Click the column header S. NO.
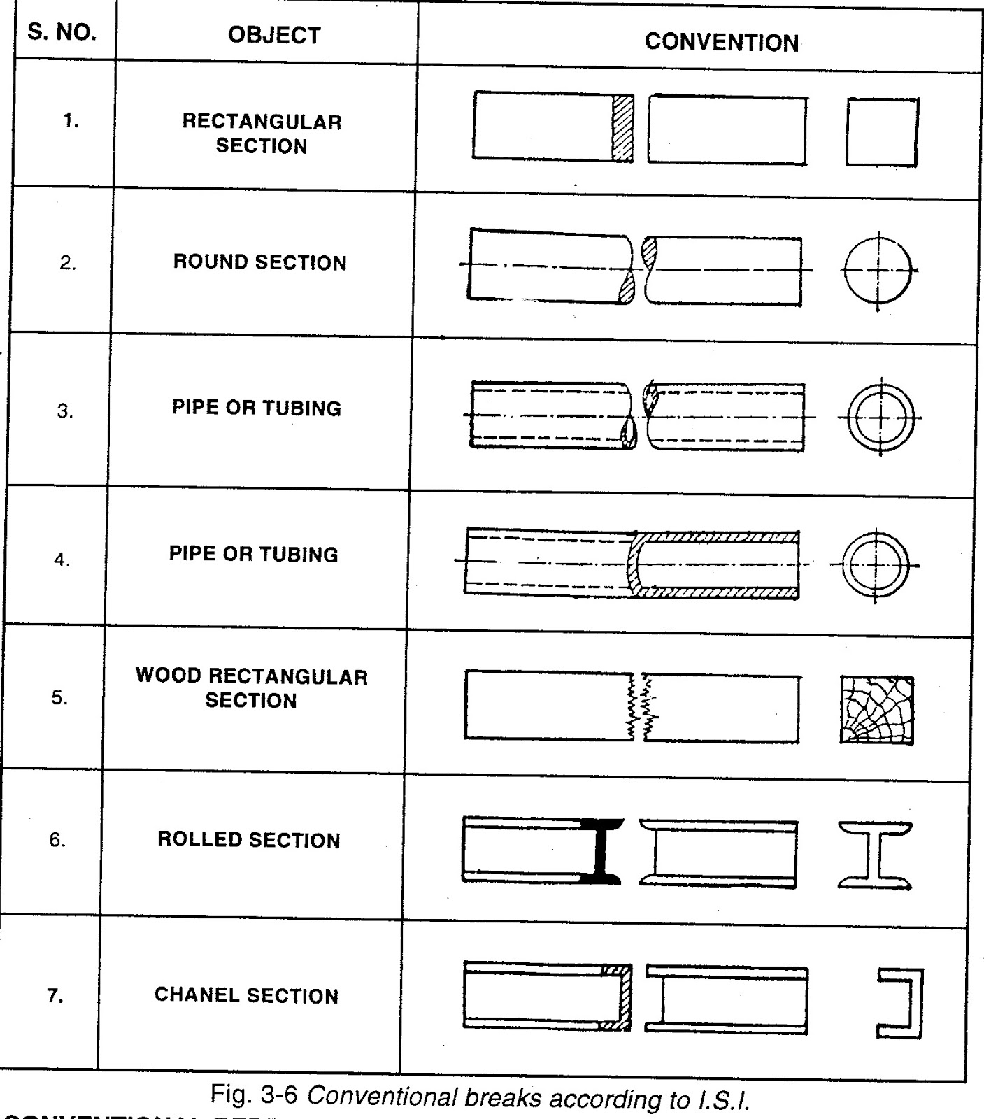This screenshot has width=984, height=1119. [62, 33]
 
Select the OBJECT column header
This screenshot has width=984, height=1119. [274, 36]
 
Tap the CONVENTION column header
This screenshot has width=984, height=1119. [721, 43]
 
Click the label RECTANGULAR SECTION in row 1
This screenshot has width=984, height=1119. [262, 134]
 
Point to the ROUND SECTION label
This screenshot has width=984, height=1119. [259, 263]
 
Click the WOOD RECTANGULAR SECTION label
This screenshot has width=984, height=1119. [251, 688]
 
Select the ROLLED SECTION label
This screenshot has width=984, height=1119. [249, 840]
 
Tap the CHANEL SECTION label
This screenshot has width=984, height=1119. [246, 995]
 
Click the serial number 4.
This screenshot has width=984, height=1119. [63, 560]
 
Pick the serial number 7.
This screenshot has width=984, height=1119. [55, 996]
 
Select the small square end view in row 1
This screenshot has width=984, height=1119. [881, 132]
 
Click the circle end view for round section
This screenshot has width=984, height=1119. [878, 271]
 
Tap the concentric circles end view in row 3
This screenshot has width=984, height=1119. [880, 418]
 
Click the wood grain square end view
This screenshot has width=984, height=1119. [876, 710]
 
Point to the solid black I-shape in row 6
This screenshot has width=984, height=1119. [600, 850]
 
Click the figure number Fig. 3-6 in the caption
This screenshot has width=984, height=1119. [253, 1094]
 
